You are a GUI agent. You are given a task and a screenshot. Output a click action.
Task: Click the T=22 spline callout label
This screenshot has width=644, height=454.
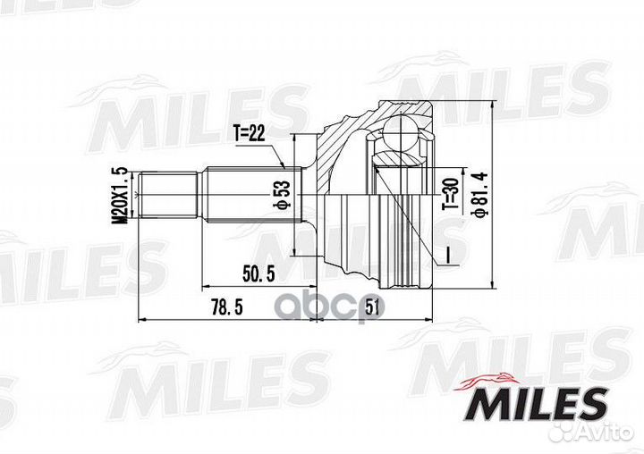pyautogui.click(x=250, y=134)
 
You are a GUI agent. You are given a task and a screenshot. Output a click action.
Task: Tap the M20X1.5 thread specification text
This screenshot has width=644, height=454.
pyautogui.click(x=121, y=196)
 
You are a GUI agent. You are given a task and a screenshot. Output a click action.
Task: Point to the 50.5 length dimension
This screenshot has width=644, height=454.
pyautogui.click(x=258, y=273)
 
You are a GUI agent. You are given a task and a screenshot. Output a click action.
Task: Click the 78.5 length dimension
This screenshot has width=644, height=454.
pyautogui.click(x=226, y=307)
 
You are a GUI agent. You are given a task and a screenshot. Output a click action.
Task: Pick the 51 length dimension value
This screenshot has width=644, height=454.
pyautogui.click(x=372, y=307)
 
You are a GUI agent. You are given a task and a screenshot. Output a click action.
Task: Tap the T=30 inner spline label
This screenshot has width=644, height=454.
pyautogui.click(x=450, y=194)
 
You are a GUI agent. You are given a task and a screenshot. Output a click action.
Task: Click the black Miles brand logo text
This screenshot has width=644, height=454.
pyautogui.click(x=539, y=404)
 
